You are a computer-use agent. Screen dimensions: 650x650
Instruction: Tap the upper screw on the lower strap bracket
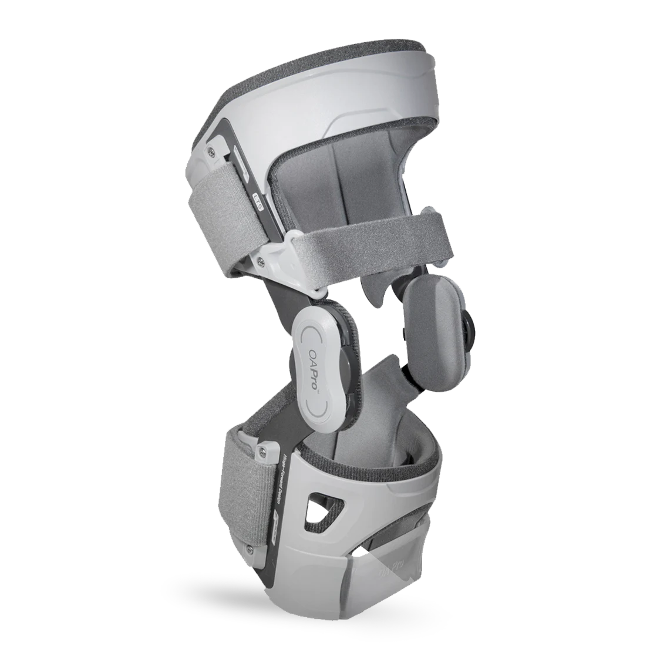[x=261, y=450]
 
